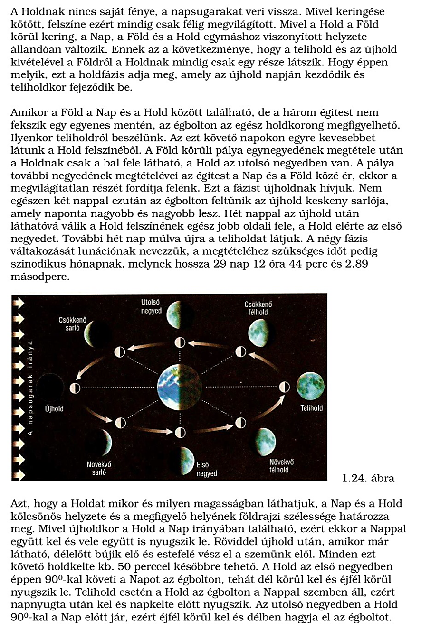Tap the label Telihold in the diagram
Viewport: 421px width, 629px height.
click(x=311, y=408)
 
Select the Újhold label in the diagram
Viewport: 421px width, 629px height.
click(x=54, y=408)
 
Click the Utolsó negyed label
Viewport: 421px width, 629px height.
click(x=152, y=306)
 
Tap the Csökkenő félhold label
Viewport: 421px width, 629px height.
click(x=256, y=308)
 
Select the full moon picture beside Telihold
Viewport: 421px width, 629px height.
click(x=310, y=386)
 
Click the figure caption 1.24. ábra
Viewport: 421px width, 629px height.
click(x=368, y=478)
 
